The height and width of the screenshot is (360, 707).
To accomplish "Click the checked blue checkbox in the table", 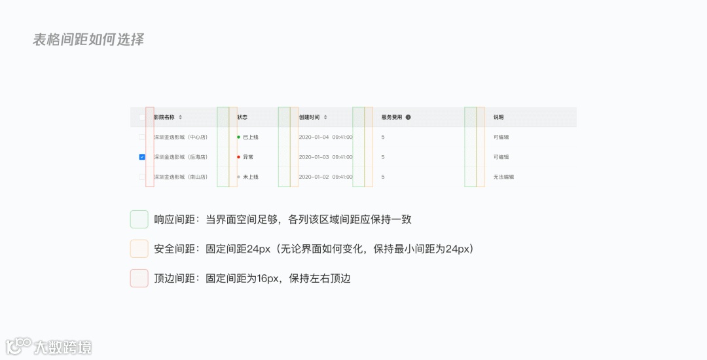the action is (x=142, y=157).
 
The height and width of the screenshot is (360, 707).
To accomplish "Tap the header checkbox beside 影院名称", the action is (x=142, y=117).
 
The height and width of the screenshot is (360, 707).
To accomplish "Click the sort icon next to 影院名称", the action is (x=181, y=117).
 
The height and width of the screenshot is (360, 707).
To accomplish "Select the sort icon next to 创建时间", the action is (x=325, y=117).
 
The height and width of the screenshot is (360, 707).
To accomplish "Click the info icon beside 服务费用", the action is (x=408, y=117).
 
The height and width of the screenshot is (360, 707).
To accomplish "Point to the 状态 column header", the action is (x=242, y=117).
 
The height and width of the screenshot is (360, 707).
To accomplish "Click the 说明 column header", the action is (x=499, y=117).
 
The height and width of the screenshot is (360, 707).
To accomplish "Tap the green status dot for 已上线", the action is (x=238, y=137).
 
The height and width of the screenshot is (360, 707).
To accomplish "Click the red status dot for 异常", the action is (x=238, y=157).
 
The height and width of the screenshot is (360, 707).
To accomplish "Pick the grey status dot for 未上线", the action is (x=238, y=177).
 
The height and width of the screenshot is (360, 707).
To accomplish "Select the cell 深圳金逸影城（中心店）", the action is (x=181, y=137).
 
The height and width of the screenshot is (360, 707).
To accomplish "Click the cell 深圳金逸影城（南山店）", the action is (x=181, y=177).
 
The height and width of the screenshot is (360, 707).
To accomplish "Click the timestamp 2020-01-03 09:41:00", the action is (x=325, y=157).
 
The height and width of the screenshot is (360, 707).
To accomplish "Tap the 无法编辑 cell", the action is (x=503, y=177).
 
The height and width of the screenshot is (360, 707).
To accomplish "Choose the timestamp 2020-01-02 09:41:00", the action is (x=325, y=177).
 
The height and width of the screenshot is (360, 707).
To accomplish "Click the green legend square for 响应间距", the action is (x=139, y=219).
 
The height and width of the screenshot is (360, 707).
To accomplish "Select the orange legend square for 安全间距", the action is (x=139, y=249).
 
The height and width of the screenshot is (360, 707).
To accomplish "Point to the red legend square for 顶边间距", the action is (x=139, y=278).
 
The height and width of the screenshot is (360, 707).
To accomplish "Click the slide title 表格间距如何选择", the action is (x=88, y=39).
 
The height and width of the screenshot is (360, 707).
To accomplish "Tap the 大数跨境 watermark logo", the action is (x=49, y=346).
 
